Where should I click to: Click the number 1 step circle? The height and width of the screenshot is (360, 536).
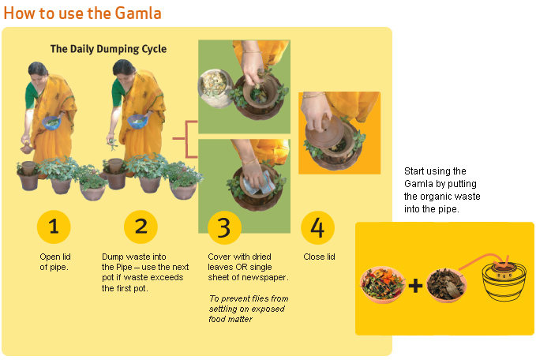(54, 227)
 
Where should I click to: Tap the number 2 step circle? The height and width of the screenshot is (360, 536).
(141, 227)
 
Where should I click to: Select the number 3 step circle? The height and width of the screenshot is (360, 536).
(224, 227)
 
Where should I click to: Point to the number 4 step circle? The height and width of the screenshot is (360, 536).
(317, 227)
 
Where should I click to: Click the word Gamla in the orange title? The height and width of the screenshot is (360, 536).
(138, 13)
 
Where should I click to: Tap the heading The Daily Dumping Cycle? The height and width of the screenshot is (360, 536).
(108, 49)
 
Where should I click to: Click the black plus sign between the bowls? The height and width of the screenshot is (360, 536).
(415, 286)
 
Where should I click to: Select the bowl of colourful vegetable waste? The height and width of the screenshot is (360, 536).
(382, 284)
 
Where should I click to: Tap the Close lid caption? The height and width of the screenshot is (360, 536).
(319, 257)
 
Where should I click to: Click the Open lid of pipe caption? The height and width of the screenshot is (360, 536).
(54, 262)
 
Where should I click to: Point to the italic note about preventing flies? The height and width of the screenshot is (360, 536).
(249, 309)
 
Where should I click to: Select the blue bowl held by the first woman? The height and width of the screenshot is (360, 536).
(51, 122)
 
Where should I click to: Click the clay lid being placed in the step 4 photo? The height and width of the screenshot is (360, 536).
(324, 132)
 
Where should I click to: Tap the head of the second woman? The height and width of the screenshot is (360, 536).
(124, 73)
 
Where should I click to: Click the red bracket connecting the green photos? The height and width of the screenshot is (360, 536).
(186, 139)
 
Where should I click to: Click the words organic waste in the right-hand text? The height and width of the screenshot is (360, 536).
(450, 197)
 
